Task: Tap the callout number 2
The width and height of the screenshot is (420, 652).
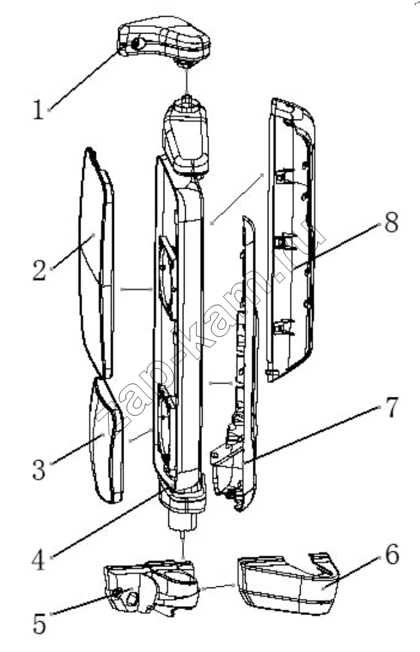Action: coord(40,270)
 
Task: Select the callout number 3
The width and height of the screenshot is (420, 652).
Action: coord(40,469)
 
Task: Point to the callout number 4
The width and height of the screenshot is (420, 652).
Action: coord(39,559)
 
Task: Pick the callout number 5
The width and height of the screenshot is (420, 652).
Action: coord(40,623)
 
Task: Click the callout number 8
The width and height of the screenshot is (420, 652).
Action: coord(391,222)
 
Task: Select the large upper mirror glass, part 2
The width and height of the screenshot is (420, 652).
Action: coord(97,262)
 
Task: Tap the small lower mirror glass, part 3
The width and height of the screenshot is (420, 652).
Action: coord(106,440)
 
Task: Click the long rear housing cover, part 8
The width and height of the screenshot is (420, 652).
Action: coord(291,239)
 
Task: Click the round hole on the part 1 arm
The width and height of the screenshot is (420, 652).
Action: coord(138,44)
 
